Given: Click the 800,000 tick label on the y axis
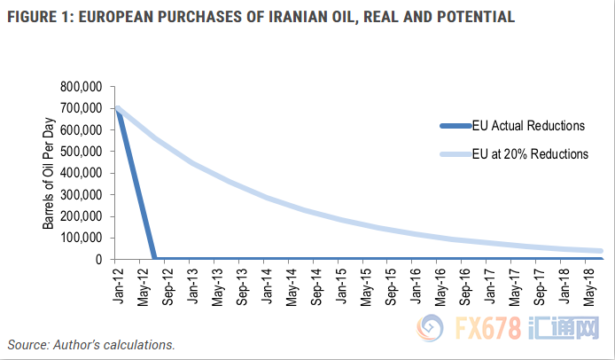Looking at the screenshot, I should pos(81,86).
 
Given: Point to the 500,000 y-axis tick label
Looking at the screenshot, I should pos(81,151).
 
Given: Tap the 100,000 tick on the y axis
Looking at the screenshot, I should pos(81,238).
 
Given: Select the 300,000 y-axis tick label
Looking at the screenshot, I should pos(81,194).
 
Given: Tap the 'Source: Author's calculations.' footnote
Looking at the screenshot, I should pos(91,344).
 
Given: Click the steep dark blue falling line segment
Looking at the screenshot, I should pos(136,186).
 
